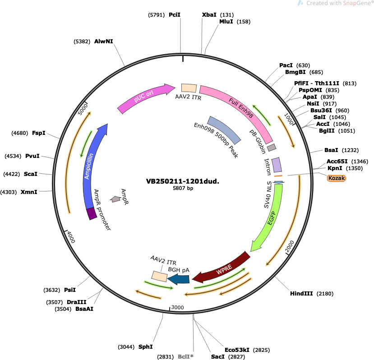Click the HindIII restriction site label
coord(301,293)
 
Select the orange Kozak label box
coord(336,178)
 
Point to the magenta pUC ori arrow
coord(143,97)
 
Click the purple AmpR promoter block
coord(92,213)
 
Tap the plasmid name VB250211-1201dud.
coord(183,181)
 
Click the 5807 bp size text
coord(183,188)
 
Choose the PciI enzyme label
coord(175,15)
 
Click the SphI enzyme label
coord(146,346)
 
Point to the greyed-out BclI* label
coord(185,357)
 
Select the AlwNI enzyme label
coord(103,41)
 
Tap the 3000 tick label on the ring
coord(177,307)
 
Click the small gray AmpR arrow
coord(115,199)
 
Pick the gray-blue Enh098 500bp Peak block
coord(224,130)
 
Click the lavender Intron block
coord(277,165)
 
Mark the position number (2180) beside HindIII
coord(325,294)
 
